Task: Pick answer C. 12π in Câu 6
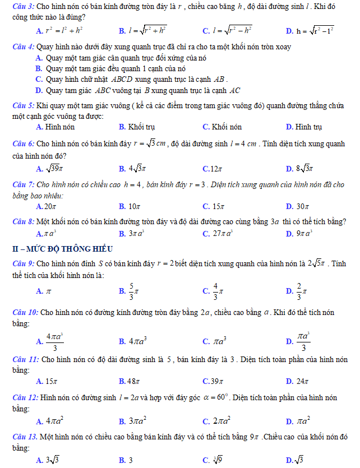213,168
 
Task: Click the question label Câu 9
25,263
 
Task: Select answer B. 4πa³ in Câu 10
132,340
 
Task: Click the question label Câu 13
26,437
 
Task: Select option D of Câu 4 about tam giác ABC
137,90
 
